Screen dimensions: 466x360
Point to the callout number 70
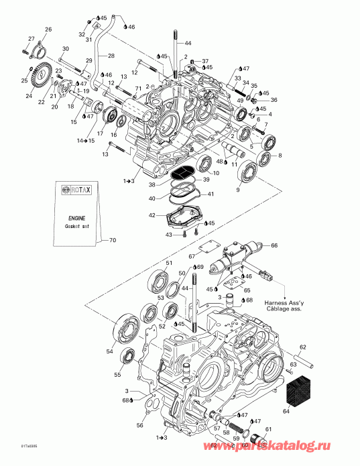pos(112,239)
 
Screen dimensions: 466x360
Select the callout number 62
pos(302,347)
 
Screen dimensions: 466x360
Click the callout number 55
pos(117,375)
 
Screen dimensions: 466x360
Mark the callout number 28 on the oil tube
pos(111,56)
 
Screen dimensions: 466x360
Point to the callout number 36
pos(273,100)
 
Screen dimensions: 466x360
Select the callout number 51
pos(170,262)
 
